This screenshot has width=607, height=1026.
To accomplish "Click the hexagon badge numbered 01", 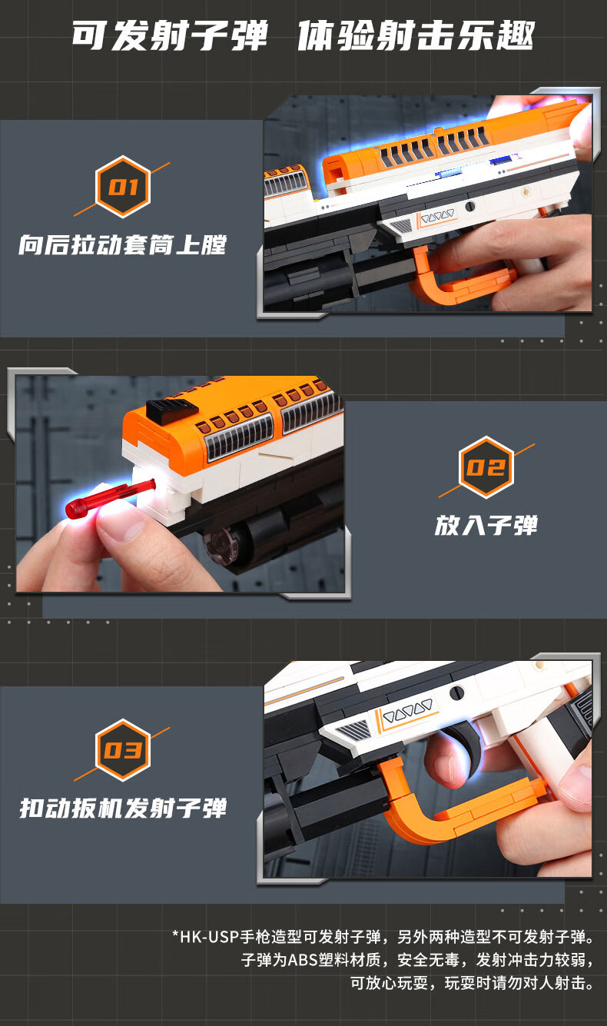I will (123, 187).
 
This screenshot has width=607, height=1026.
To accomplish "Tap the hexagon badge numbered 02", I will (486, 467).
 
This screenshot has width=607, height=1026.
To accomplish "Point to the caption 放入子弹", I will (486, 526).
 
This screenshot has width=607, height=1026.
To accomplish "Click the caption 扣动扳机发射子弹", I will (123, 808).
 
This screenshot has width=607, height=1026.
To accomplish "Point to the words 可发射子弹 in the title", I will (170, 36).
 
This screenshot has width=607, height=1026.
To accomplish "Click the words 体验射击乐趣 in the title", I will (416, 36).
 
